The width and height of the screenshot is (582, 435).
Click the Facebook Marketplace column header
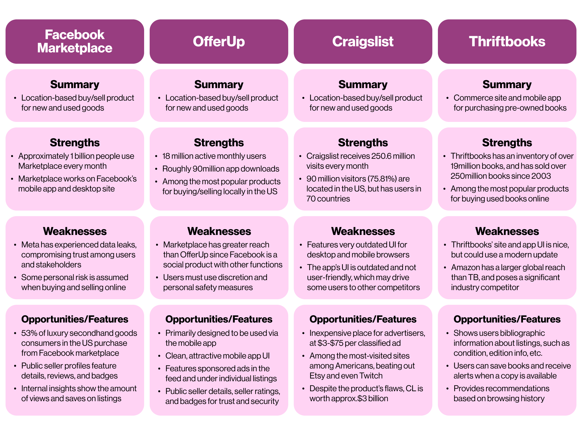coord(75,41)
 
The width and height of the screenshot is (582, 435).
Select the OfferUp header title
coord(219,42)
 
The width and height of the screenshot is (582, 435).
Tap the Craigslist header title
coord(363,42)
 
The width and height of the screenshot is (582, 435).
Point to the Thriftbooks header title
coord(507,42)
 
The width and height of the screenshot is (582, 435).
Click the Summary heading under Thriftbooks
coord(507,85)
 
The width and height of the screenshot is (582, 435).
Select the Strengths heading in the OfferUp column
coord(219,143)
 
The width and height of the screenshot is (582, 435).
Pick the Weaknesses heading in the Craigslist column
coord(363,231)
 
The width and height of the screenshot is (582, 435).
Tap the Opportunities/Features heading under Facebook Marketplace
coord(75,319)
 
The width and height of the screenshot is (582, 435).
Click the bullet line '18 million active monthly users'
coord(214,156)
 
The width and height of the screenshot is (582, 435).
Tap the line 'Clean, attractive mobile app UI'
coord(218,356)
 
